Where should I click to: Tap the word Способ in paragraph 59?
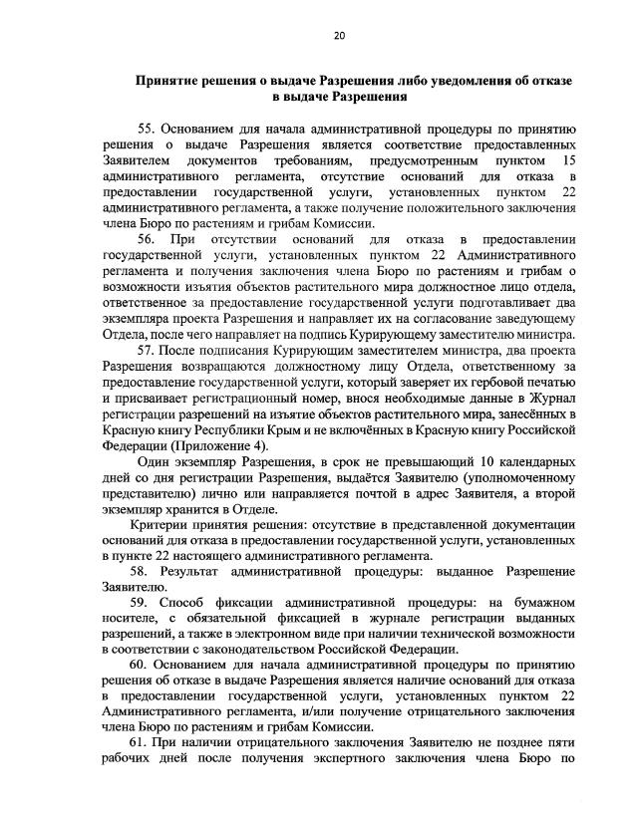tap(195, 602)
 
